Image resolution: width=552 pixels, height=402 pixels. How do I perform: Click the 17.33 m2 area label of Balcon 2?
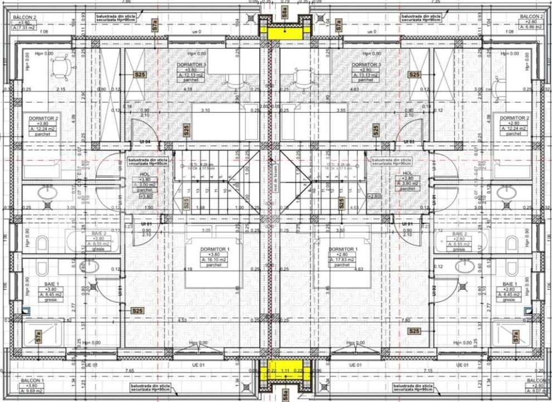27,27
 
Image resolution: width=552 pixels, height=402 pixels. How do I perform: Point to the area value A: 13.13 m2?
366,75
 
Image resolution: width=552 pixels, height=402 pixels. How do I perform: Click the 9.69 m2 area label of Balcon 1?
26,391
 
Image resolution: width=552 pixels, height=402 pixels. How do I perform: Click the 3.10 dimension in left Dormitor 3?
206,111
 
